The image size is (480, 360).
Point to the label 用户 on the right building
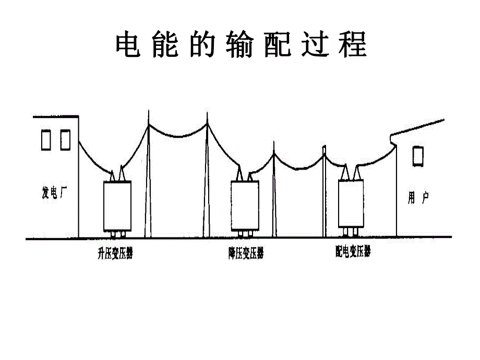pos(418,198)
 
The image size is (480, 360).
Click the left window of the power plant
pos(46,140)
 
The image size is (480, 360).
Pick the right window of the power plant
pos(65,140)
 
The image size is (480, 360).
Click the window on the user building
pos(417,156)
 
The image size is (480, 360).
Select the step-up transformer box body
pos(117,206)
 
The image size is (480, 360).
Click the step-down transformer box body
pos(245,206)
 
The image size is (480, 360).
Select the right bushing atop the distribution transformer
pos(358,172)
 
